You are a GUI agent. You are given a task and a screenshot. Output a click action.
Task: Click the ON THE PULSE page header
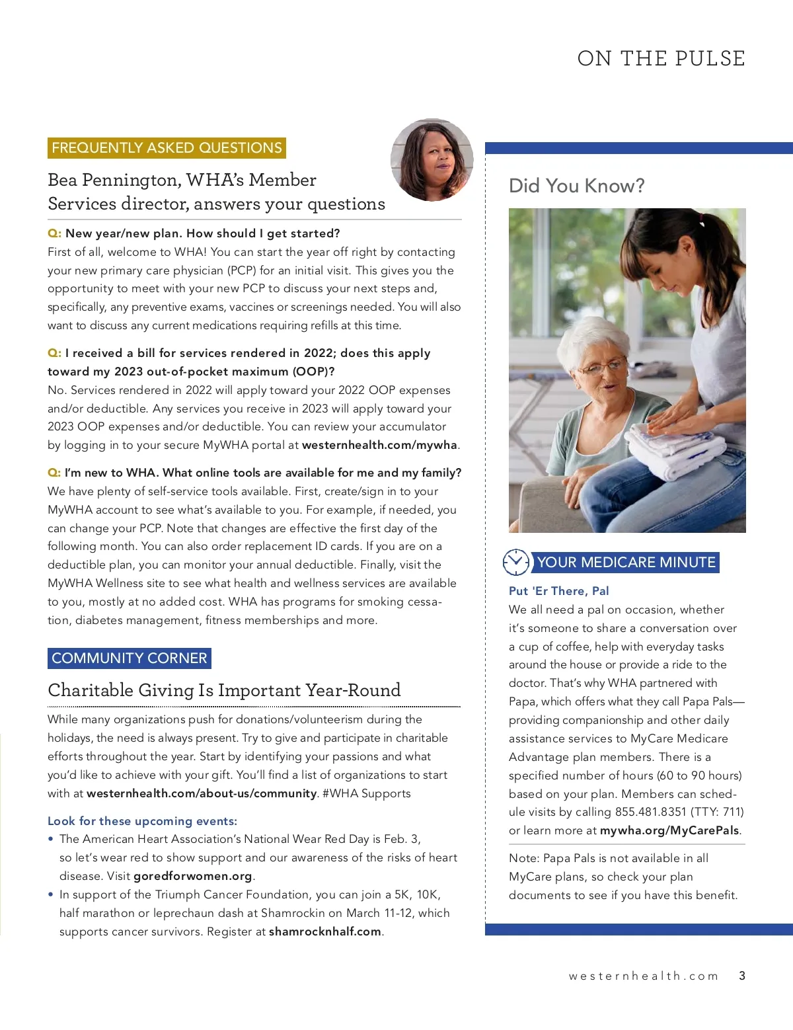tap(661, 59)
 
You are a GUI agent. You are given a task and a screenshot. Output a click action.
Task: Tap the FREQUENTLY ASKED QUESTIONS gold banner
tap(167, 148)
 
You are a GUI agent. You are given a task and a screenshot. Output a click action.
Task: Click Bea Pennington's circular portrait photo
tap(432, 160)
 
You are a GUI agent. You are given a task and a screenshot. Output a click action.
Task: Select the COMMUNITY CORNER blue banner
tap(130, 658)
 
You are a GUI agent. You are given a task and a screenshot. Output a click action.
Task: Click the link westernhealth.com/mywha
tap(379, 445)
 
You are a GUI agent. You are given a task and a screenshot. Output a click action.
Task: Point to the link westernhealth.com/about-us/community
tap(202, 793)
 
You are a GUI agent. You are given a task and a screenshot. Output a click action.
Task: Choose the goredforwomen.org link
tap(193, 876)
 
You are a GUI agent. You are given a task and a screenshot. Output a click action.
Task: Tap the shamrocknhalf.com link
tap(325, 931)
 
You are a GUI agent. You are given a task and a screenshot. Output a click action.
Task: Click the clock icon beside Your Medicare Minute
tap(515, 563)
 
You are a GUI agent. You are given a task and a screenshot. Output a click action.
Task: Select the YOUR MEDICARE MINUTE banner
tap(626, 563)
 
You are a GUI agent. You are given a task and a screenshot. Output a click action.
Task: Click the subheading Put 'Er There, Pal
tap(558, 591)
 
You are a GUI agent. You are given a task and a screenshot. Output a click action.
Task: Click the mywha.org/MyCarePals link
tap(669, 830)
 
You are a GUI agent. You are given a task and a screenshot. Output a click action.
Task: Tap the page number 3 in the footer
tap(742, 976)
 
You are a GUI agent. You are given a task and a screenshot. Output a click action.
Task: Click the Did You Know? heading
tap(576, 186)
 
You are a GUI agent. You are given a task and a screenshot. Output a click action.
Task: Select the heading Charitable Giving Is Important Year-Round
tap(224, 690)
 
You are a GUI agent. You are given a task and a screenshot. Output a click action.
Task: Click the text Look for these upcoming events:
tap(142, 821)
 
